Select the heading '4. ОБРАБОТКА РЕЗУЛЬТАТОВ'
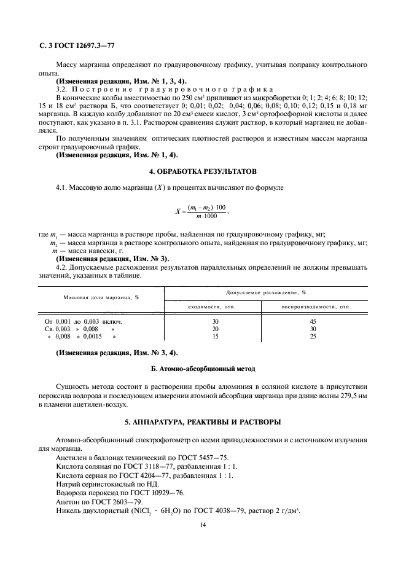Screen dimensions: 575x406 (x=202, y=170)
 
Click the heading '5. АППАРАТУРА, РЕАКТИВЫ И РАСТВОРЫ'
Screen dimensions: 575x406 (x=202, y=422)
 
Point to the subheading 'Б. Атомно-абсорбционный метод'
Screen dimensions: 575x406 (x=202, y=369)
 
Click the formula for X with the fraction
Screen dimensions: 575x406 (x=202, y=212)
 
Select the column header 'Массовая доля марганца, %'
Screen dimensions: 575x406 (x=101, y=297)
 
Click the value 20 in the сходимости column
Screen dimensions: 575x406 (x=215, y=329)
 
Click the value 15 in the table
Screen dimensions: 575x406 (x=215, y=337)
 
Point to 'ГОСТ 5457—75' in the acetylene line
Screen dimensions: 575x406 (x=186, y=458)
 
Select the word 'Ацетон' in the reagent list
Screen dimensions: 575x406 (x=68, y=501)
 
